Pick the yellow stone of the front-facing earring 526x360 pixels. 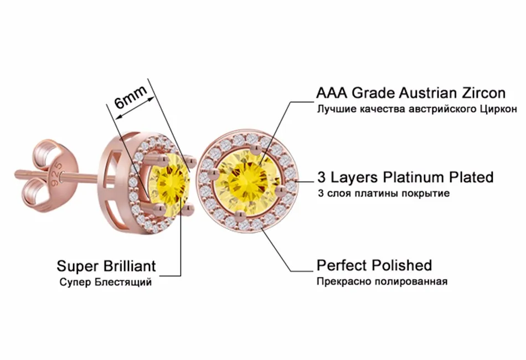pos(247,179)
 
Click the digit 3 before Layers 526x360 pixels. pos(321,177)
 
